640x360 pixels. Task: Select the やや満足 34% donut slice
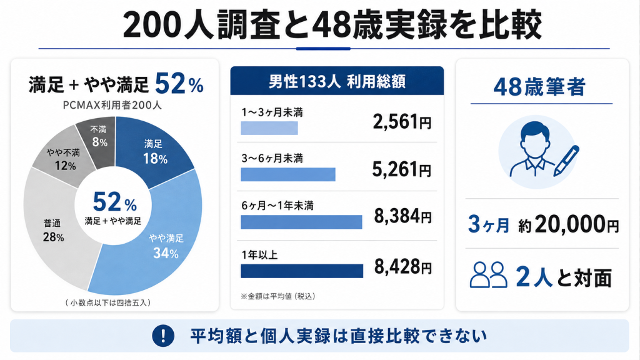pos(163,245)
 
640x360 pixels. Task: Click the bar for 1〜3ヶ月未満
pos(269,128)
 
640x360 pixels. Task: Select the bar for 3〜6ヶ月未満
pos(288,175)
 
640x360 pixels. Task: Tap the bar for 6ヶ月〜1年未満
pos(302,222)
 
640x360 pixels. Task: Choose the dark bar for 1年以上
pos(302,271)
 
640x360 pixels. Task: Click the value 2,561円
pos(402,122)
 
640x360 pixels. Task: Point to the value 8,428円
pos(403,267)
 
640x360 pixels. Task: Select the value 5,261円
pos(402,169)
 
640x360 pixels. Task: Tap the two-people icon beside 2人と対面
pos(488,275)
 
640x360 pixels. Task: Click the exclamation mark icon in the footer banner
pos(163,336)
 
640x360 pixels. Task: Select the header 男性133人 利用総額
pos(337,82)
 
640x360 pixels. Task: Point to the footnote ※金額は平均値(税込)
pos(278,296)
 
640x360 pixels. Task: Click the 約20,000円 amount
pos(569,224)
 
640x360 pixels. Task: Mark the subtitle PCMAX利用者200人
pos(112,105)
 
